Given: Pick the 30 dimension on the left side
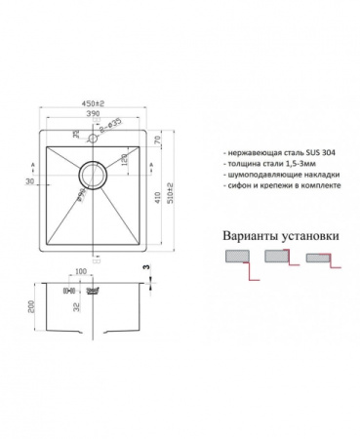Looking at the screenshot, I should (30, 183).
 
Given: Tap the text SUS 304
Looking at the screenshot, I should (320, 154).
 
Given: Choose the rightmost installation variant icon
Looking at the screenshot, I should (322, 260).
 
